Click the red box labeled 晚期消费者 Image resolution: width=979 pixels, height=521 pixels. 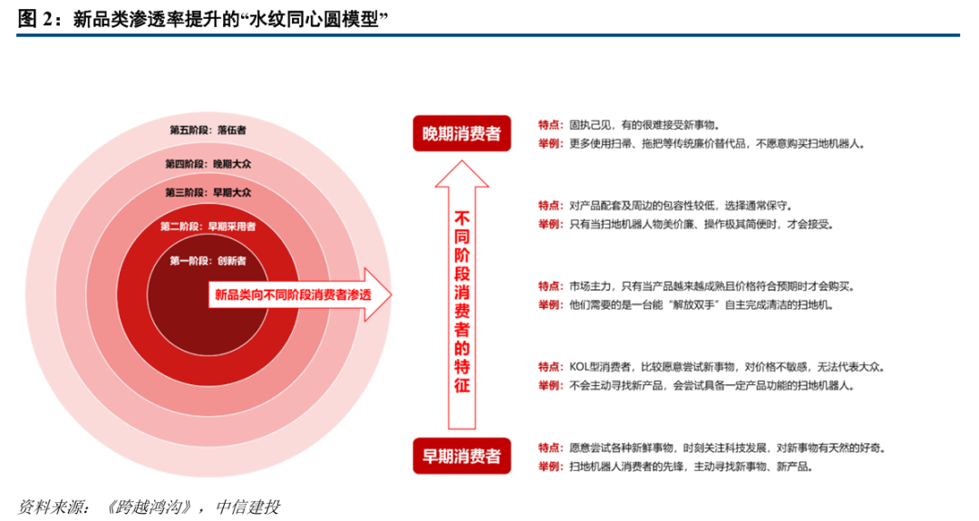[x=461, y=134]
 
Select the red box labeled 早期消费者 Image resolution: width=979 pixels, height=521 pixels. [x=461, y=456]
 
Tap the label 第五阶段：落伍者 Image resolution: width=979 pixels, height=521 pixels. [x=208, y=130]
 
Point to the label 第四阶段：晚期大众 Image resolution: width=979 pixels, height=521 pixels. [x=208, y=164]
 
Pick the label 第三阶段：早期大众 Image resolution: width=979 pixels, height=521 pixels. [x=208, y=192]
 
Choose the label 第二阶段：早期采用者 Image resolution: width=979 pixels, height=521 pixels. [x=208, y=226]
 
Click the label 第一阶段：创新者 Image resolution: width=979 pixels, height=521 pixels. [x=208, y=261]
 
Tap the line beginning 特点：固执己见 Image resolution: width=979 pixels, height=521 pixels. [x=635, y=125]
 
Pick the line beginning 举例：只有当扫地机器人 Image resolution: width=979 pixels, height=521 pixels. [x=684, y=224]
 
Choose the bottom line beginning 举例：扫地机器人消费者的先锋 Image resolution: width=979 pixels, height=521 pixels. [x=674, y=467]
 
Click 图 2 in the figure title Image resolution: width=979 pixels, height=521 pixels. [x=35, y=19]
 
